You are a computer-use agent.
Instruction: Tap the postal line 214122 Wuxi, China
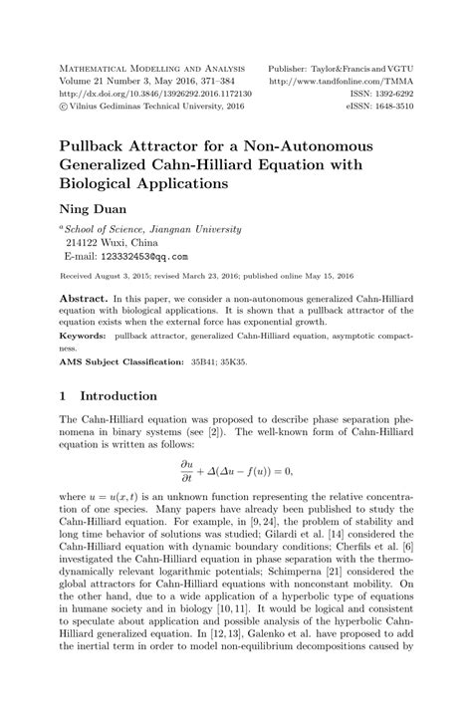[111, 242]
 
